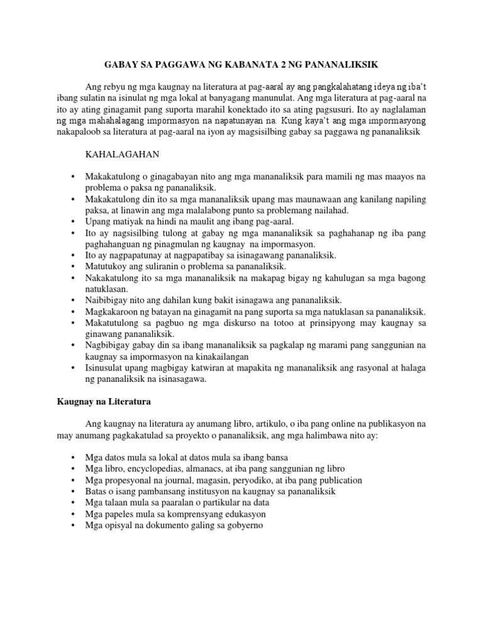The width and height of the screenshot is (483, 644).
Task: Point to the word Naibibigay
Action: (106, 301)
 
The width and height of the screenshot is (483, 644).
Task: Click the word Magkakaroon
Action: (110, 312)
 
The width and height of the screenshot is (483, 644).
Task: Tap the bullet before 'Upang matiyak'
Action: (74, 221)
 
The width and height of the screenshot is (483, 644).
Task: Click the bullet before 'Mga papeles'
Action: (74, 513)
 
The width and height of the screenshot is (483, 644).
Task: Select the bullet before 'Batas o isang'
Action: (74, 491)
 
